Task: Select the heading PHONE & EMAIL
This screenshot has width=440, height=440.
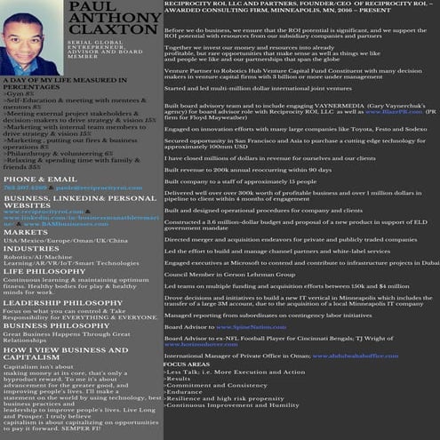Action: click(40, 178)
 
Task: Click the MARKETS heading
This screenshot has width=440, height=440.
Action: click(26, 232)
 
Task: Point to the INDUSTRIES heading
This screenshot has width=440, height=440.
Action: click(31, 248)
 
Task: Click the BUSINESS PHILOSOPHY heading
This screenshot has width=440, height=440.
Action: click(54, 324)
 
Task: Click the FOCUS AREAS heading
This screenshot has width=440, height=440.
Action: click(187, 364)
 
